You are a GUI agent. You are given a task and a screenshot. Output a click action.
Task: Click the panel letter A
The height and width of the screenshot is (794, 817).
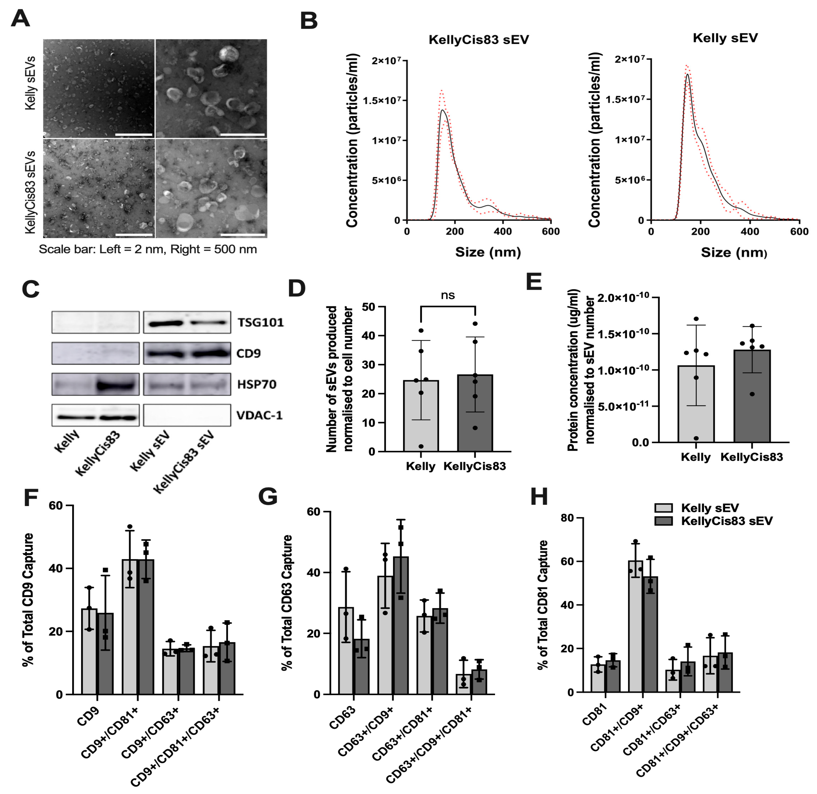[20, 19]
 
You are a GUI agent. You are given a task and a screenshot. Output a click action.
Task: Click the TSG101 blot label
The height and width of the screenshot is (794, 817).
[260, 322]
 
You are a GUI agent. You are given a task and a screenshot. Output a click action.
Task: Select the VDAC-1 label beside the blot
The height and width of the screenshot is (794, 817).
[260, 415]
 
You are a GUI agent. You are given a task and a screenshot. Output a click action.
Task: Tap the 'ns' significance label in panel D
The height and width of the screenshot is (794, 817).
[448, 295]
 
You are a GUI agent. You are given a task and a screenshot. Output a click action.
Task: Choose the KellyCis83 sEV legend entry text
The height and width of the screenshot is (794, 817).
[726, 521]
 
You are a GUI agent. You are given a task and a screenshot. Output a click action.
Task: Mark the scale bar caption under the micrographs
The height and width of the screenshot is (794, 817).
[148, 249]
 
